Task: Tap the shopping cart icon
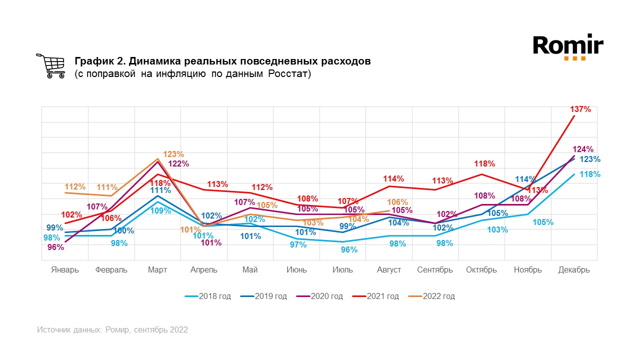pyautogui.click(x=50, y=66)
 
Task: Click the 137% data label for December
pyautogui.click(x=580, y=109)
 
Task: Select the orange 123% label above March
pyautogui.click(x=173, y=154)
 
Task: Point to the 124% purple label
pyautogui.click(x=583, y=149)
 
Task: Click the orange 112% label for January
pyautogui.click(x=75, y=187)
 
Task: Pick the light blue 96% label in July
pyautogui.click(x=349, y=249)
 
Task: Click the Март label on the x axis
pyautogui.click(x=157, y=270)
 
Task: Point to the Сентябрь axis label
pyautogui.click(x=435, y=270)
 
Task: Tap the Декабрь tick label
pyautogui.click(x=574, y=270)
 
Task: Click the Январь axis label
pyautogui.click(x=65, y=270)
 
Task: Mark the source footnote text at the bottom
pyautogui.click(x=112, y=330)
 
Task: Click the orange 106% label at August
pyautogui.click(x=397, y=202)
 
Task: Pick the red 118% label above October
pyautogui.click(x=484, y=163)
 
